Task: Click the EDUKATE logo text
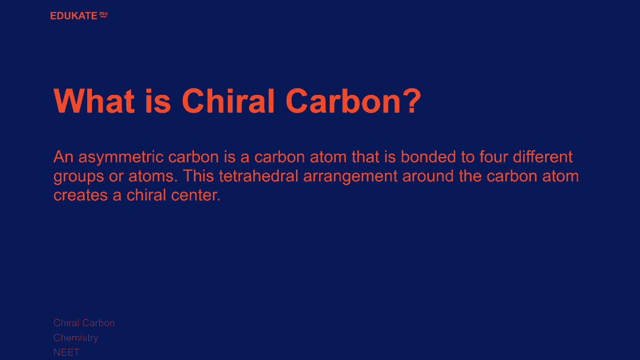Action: tap(74, 16)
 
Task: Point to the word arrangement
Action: tap(350, 177)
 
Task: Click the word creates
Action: tap(81, 195)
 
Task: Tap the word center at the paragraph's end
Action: tap(196, 195)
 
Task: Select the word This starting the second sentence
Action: tap(198, 176)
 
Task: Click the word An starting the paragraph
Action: tap(63, 157)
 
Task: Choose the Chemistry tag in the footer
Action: tap(76, 338)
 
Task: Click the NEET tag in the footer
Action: tap(66, 352)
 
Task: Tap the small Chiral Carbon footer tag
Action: tap(84, 323)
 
